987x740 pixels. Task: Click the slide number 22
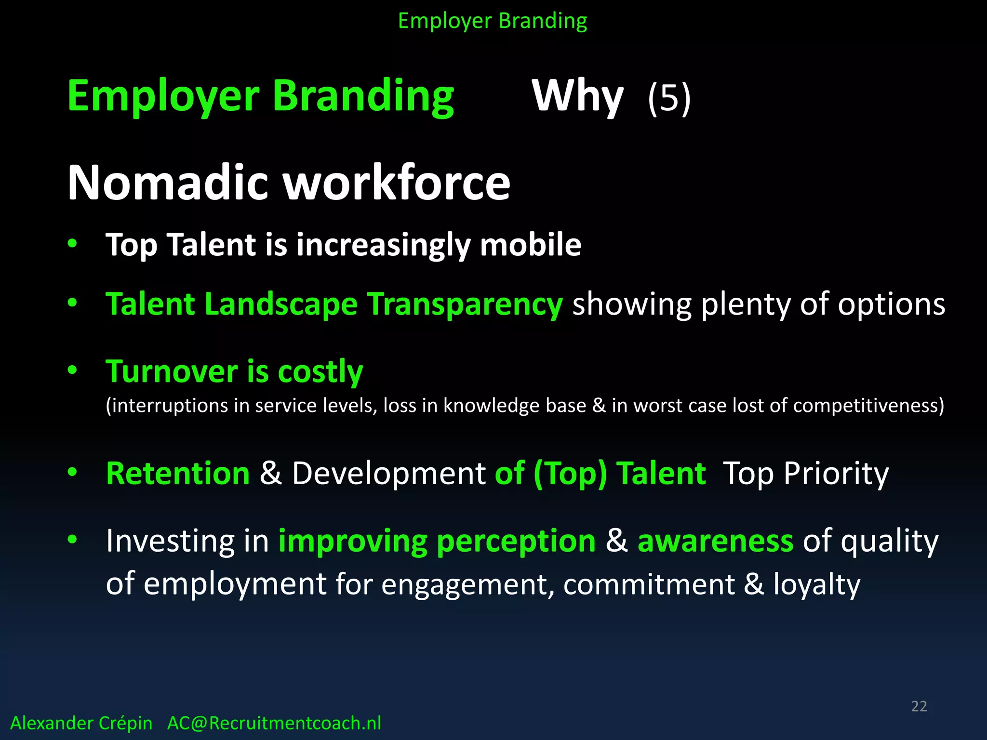click(919, 706)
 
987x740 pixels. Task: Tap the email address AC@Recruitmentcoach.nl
click(274, 723)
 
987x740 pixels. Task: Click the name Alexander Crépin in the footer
click(81, 723)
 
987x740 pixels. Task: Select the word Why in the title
click(577, 96)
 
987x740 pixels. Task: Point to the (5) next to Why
click(669, 98)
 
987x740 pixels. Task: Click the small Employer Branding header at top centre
click(493, 21)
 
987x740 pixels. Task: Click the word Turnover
click(172, 372)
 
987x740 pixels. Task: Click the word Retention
click(178, 473)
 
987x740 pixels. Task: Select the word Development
click(388, 474)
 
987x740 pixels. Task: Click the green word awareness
click(715, 541)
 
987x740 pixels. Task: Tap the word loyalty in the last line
click(816, 584)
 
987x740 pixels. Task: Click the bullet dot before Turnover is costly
click(72, 370)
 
